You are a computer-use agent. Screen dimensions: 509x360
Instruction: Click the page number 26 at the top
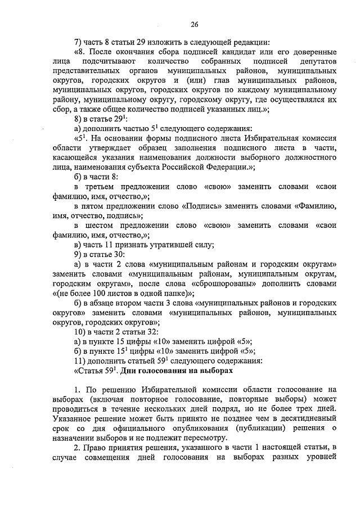click(194, 24)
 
